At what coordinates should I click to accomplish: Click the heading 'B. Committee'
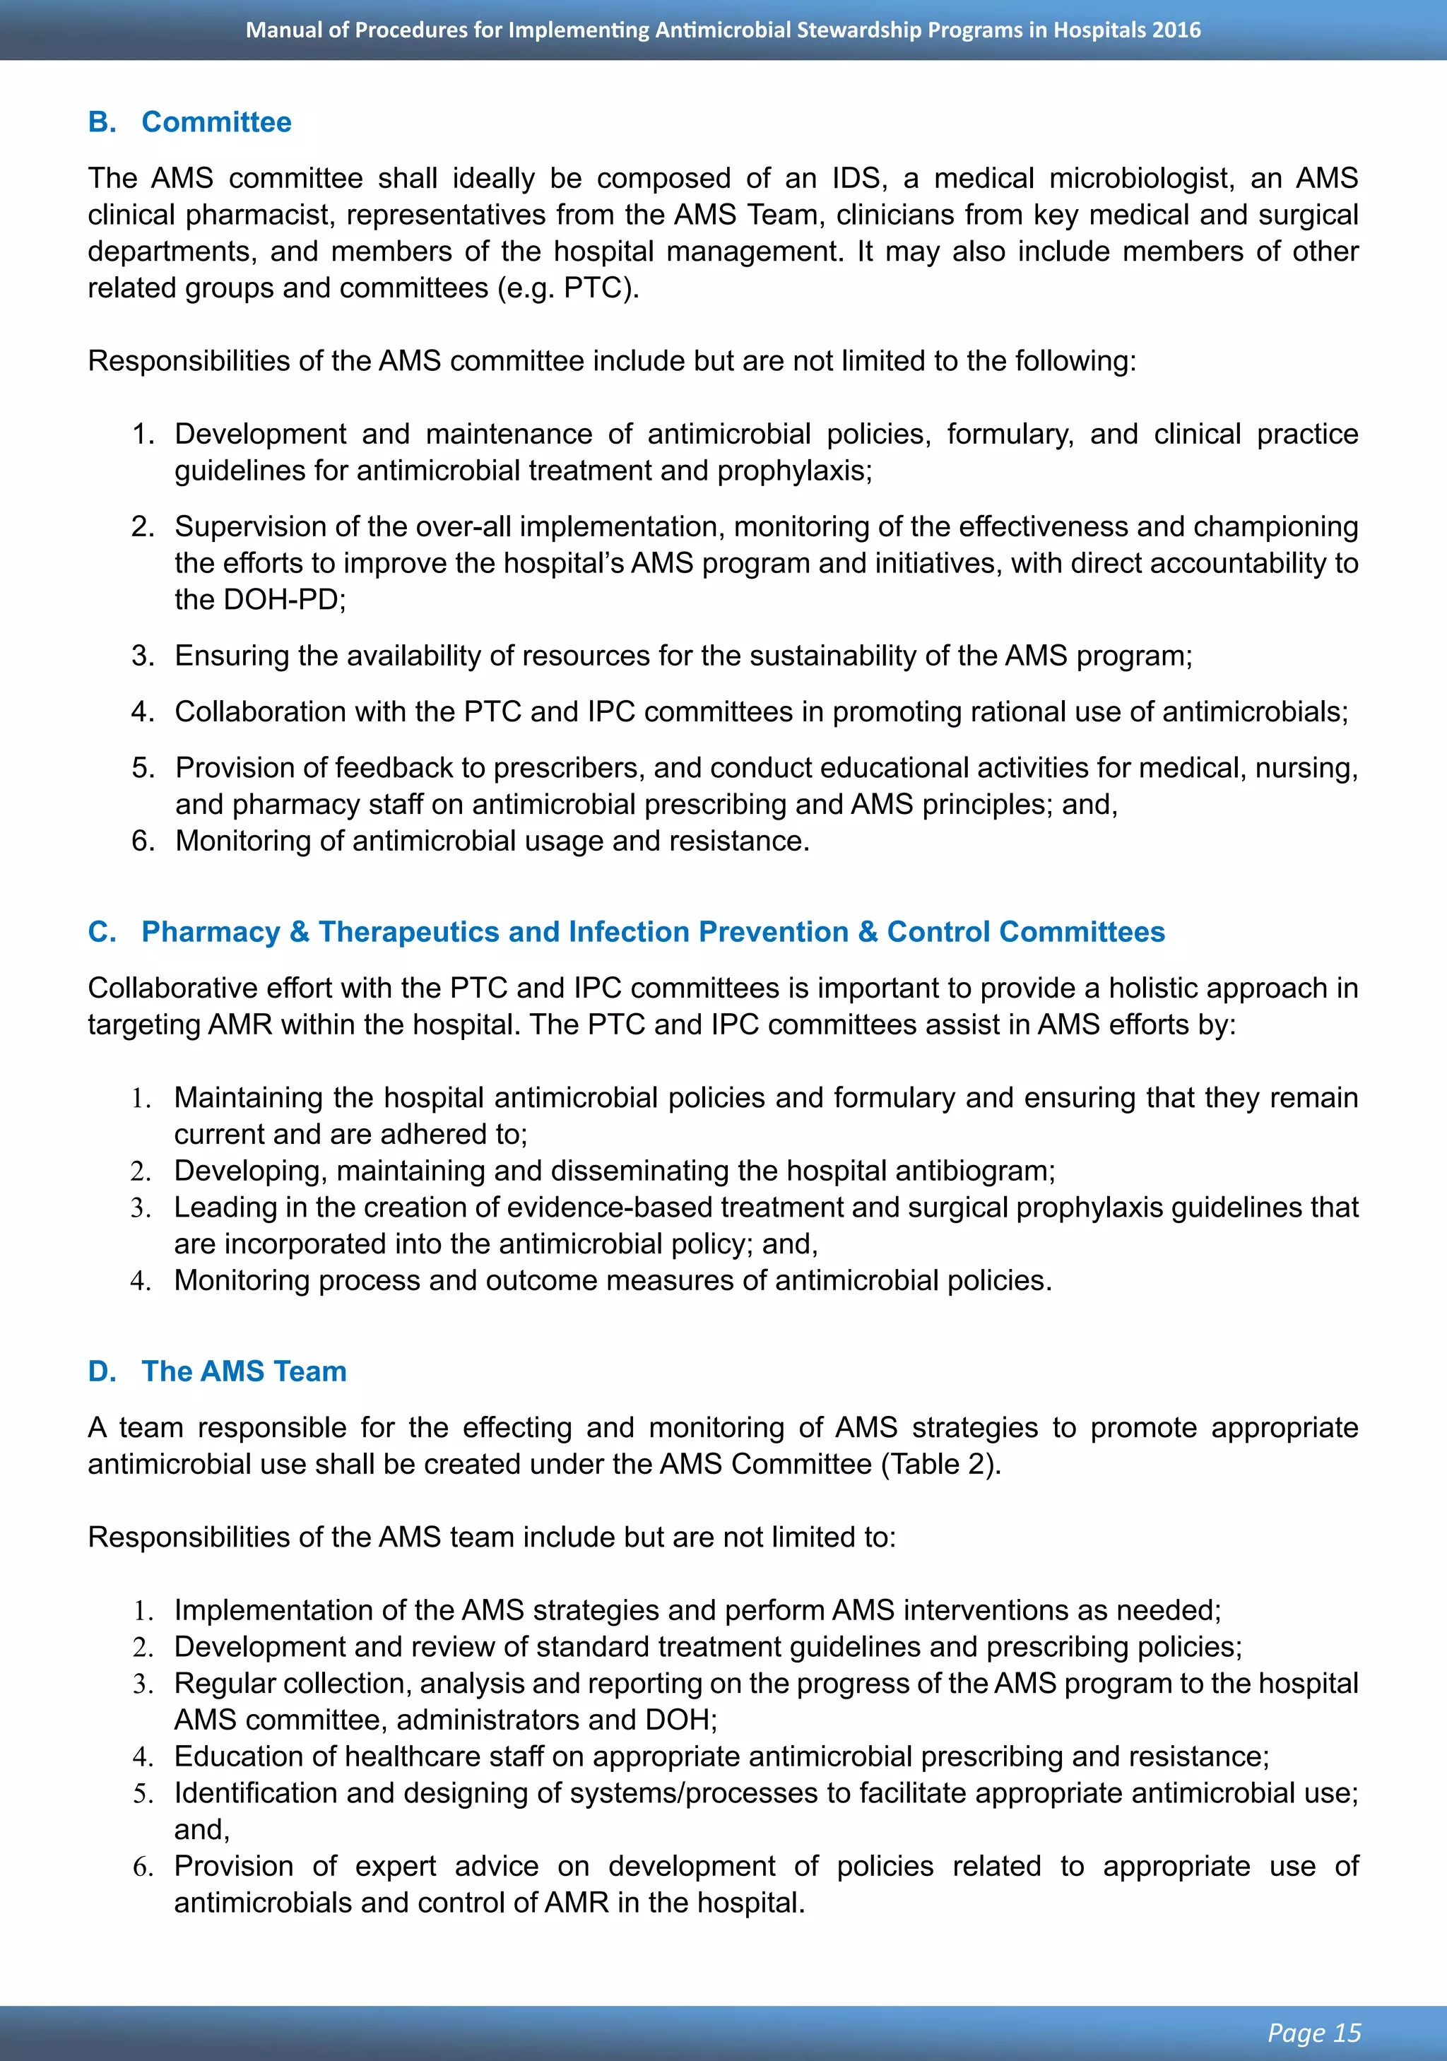[x=189, y=122]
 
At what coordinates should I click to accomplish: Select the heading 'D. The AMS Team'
[x=217, y=1371]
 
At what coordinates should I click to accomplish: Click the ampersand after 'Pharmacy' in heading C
[x=299, y=932]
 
